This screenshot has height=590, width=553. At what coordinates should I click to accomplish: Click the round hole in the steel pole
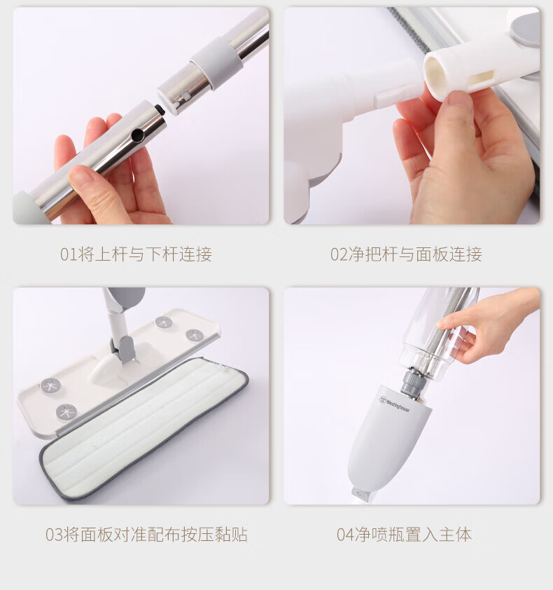[138, 135]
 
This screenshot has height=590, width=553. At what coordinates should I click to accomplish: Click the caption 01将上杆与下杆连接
[136, 254]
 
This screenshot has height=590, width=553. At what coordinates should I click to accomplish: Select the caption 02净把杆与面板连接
[406, 254]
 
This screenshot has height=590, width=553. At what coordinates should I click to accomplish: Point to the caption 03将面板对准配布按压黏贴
[146, 535]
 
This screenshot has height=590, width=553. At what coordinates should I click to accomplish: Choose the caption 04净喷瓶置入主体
[404, 535]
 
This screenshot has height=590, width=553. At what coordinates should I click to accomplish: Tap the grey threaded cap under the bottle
[414, 382]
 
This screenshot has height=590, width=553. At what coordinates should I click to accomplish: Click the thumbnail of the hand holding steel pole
[141, 116]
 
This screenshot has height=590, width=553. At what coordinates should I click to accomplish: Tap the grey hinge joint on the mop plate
[123, 350]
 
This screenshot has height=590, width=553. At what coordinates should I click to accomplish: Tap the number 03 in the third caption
[54, 535]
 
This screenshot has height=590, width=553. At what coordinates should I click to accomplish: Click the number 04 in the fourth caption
[346, 535]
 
